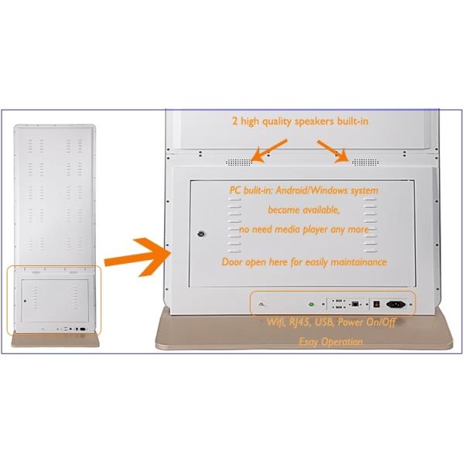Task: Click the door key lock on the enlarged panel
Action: [200, 234]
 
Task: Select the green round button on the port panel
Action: [312, 304]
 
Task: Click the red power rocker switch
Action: [376, 304]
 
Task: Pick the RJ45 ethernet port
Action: [355, 304]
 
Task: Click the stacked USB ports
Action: [337, 304]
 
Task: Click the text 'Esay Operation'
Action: [330, 341]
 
